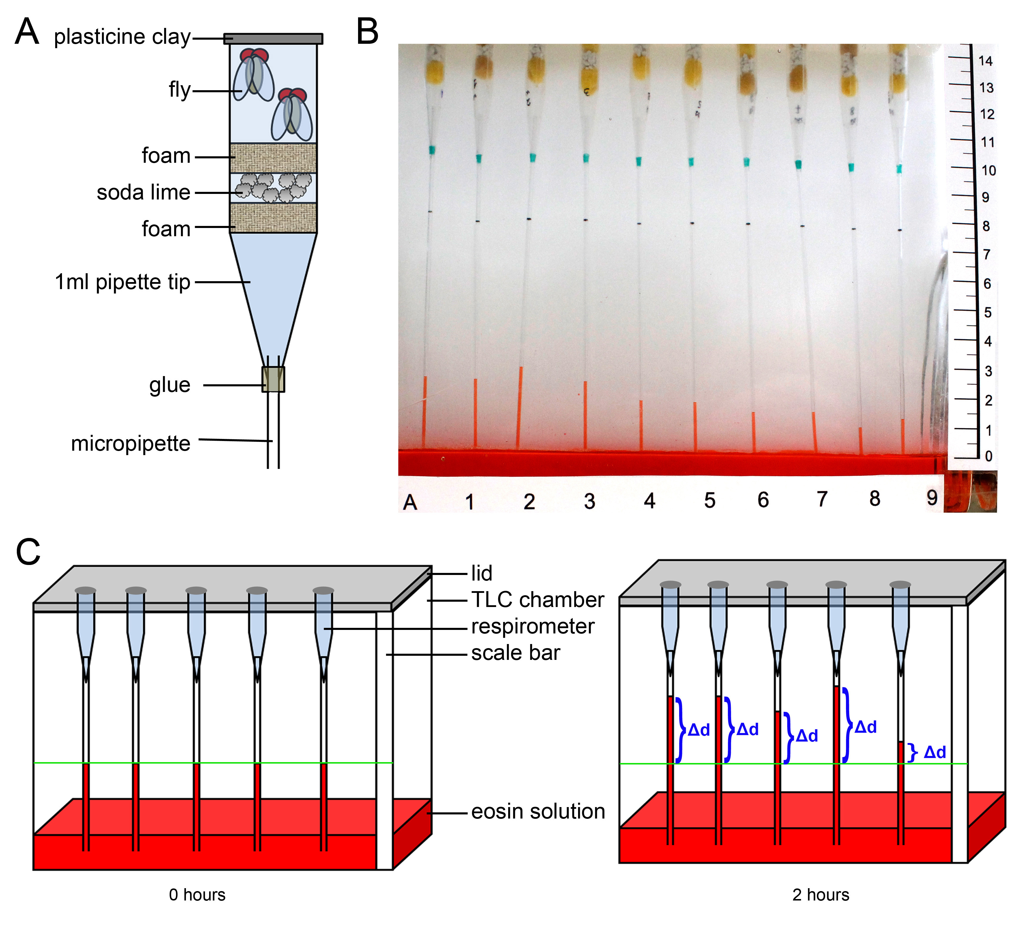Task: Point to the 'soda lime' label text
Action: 143,192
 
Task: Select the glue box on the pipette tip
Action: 273,379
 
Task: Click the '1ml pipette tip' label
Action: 122,282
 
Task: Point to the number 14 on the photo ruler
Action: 985,61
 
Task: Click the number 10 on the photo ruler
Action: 988,170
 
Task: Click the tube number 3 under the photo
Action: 590,501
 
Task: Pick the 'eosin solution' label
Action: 538,811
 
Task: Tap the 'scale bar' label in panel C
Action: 516,653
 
